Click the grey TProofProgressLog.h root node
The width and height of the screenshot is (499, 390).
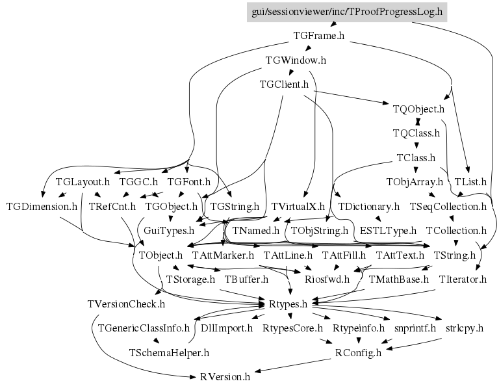[x=347, y=12]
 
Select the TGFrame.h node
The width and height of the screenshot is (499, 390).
[x=318, y=36]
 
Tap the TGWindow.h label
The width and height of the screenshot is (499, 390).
[x=296, y=60]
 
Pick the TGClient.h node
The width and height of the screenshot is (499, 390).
[x=284, y=84]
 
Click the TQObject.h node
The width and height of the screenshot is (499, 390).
[x=418, y=109]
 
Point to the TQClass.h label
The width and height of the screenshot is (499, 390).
[x=416, y=133]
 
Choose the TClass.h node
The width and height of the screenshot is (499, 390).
[x=416, y=157]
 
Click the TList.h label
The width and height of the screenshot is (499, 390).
[x=470, y=182]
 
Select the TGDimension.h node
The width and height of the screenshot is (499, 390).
[x=42, y=207]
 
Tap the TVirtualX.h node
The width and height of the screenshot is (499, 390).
[x=298, y=207]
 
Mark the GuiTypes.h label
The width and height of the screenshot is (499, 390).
[x=169, y=231]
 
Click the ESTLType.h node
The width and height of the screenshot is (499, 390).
[x=388, y=231]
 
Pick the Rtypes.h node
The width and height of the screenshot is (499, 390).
[x=288, y=304]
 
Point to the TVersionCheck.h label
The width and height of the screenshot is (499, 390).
[x=126, y=304]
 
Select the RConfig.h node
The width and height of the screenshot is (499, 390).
[x=358, y=353]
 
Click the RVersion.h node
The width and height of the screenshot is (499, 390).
[x=225, y=377]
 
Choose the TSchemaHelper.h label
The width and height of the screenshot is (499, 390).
[x=169, y=353]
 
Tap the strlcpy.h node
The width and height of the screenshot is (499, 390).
[x=465, y=328]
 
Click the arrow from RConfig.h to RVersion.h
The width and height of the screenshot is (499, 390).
[x=293, y=365]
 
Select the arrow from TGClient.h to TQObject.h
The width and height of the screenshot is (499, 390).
[x=352, y=97]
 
